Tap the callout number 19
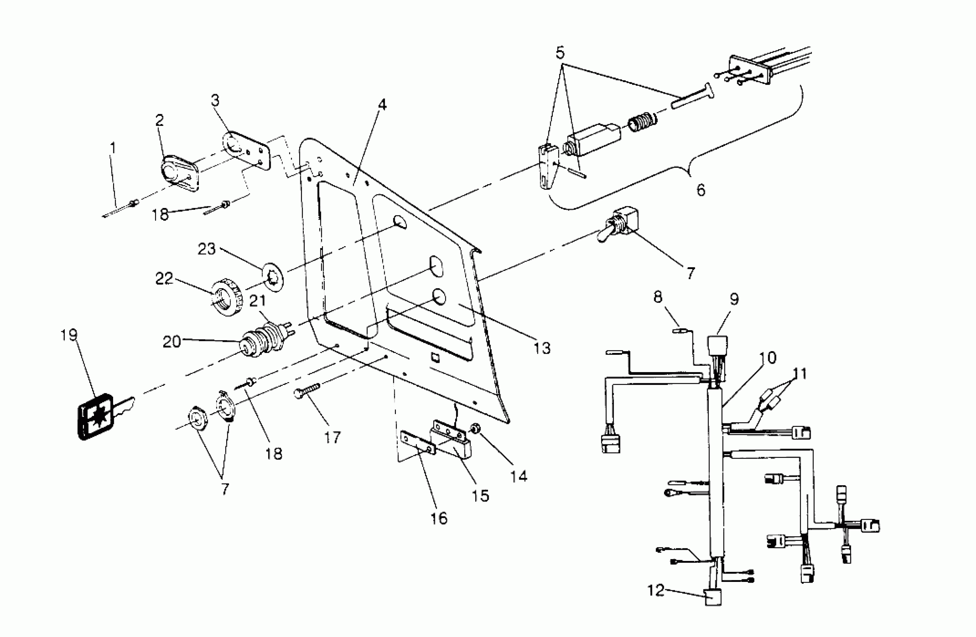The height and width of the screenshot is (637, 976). pyautogui.click(x=69, y=335)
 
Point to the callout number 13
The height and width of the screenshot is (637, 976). pyautogui.click(x=542, y=348)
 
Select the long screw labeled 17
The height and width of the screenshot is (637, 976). pyautogui.click(x=307, y=390)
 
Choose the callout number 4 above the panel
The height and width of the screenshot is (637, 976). pyautogui.click(x=382, y=105)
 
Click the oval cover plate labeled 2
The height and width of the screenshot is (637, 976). pyautogui.click(x=179, y=174)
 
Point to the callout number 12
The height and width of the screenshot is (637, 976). pyautogui.click(x=655, y=590)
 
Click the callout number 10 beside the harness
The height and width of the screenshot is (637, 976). pyautogui.click(x=768, y=357)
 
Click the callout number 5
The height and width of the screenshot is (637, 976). pyautogui.click(x=560, y=53)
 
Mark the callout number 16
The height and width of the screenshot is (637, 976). pyautogui.click(x=439, y=518)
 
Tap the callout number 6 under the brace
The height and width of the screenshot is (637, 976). pyautogui.click(x=701, y=190)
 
